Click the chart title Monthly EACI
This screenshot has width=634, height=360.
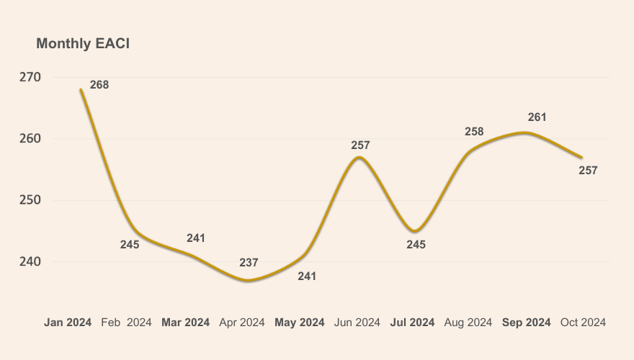tap(83, 44)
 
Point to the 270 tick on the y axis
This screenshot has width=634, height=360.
tap(30, 77)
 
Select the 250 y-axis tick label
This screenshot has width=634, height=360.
tap(30, 200)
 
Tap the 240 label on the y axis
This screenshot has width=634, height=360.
tap(30, 262)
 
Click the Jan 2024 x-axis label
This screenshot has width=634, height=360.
tap(68, 323)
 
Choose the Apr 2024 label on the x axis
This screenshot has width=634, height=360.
tap(242, 323)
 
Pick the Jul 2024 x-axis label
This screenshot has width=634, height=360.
tap(412, 323)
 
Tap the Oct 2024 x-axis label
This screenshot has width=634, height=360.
tap(583, 323)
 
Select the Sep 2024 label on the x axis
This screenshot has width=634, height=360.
tap(526, 323)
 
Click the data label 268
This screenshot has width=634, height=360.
tap(99, 85)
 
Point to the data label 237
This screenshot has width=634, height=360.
tap(249, 263)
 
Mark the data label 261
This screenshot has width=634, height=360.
tap(537, 117)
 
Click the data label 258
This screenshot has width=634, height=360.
tap(474, 132)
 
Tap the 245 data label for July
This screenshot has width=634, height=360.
tap(416, 245)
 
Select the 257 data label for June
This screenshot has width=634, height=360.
tap(360, 145)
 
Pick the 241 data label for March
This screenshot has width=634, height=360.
tap(196, 238)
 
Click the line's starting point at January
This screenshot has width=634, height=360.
tap(81, 90)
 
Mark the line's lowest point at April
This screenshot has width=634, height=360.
tap(248, 280)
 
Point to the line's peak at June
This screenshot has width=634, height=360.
tap(359, 157)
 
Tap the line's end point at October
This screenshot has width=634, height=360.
tap(581, 157)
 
